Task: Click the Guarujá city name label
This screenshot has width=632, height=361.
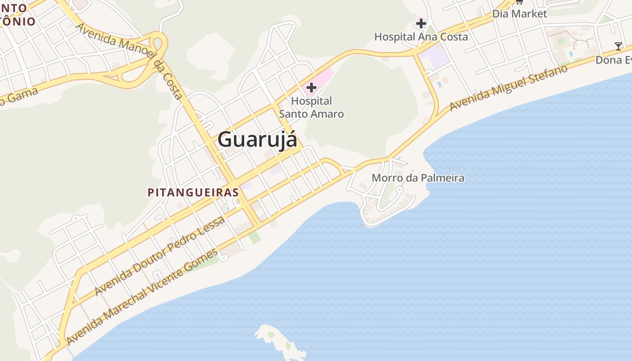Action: pyautogui.click(x=257, y=139)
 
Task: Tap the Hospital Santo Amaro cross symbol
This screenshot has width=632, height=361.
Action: pyautogui.click(x=311, y=88)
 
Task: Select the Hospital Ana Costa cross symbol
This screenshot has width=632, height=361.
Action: pyautogui.click(x=421, y=23)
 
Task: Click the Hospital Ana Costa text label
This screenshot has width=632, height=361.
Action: pyautogui.click(x=421, y=37)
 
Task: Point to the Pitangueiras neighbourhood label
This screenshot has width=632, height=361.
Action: pyautogui.click(x=193, y=193)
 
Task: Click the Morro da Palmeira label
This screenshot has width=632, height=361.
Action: pyautogui.click(x=418, y=178)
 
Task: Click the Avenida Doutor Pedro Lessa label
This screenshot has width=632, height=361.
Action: pyautogui.click(x=160, y=256)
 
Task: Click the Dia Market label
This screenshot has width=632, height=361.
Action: pyautogui.click(x=520, y=14)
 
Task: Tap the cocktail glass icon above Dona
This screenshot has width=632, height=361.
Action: pyautogui.click(x=618, y=46)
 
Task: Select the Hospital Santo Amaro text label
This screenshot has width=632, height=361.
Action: pyautogui.click(x=311, y=107)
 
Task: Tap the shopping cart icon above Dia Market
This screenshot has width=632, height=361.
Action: pyautogui.click(x=519, y=2)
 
